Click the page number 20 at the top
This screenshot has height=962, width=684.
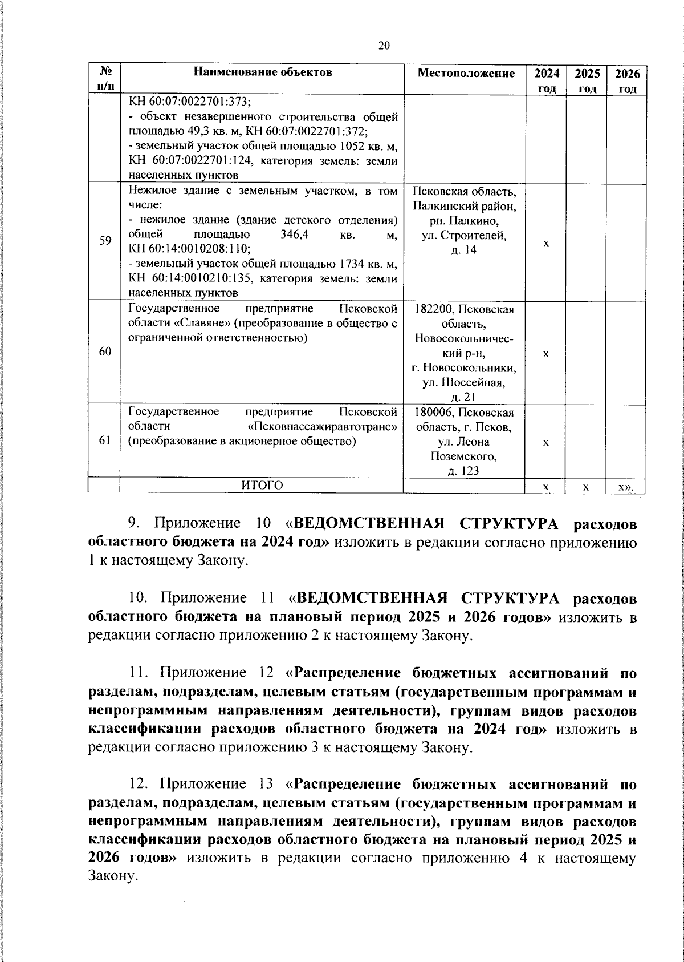click(384, 46)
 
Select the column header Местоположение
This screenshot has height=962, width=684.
click(465, 73)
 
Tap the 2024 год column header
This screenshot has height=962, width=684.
click(546, 80)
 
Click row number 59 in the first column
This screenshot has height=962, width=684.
click(105, 241)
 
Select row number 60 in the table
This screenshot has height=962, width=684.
click(105, 351)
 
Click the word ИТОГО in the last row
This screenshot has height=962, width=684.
click(262, 486)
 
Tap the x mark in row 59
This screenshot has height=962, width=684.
click(546, 243)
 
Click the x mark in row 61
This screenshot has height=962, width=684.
click(546, 443)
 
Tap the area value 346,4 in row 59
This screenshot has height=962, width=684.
click(295, 235)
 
